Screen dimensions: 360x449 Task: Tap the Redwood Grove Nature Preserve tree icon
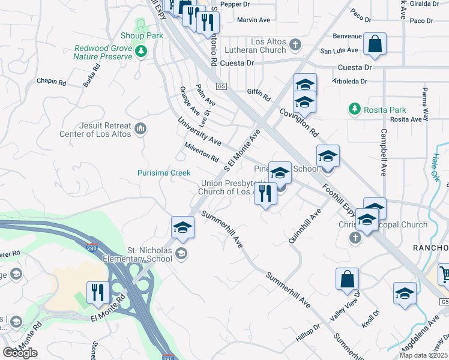click(142, 52)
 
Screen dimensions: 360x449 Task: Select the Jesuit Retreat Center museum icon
click(141, 128)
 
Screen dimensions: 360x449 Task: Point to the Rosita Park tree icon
click(355, 109)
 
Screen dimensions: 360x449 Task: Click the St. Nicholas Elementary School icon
click(181, 254)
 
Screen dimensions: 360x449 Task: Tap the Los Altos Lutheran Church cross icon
click(295, 44)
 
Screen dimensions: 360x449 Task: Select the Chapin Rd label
click(50, 81)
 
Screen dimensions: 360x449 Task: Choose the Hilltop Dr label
click(309, 333)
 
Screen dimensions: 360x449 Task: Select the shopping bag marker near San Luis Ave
click(375, 44)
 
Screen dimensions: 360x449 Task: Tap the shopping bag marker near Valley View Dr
click(347, 279)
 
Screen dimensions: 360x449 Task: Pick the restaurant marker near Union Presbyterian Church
click(265, 193)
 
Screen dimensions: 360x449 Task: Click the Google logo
click(20, 353)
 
